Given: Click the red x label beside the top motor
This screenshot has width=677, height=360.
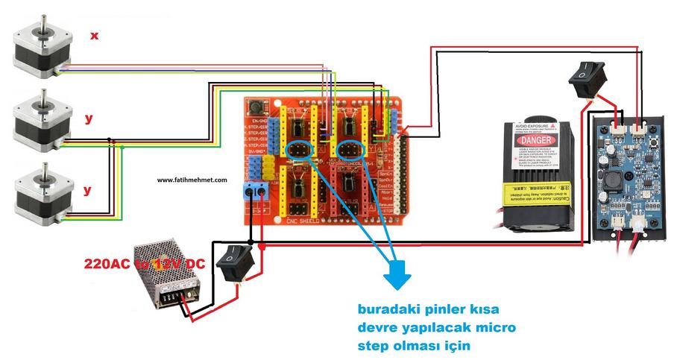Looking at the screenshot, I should pos(94,35).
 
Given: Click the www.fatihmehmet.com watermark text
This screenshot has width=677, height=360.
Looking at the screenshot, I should pos(192,180).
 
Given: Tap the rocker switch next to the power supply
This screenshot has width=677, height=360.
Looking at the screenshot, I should pos(239,260).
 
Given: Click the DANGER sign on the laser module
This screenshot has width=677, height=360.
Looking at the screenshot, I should pos(537,140).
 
